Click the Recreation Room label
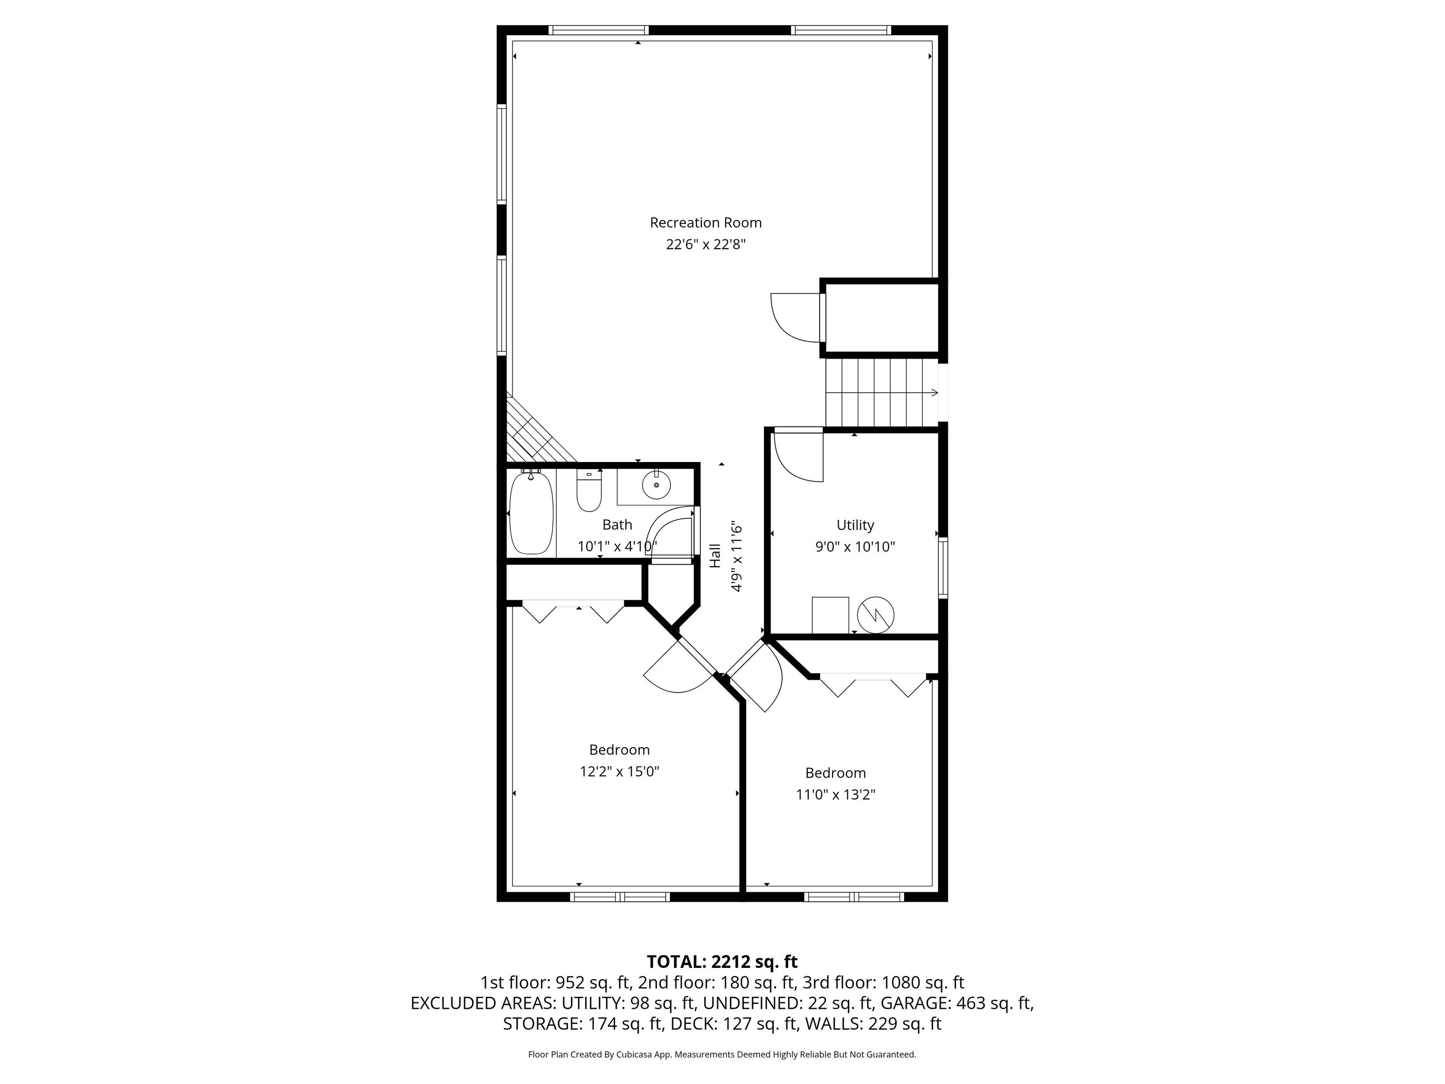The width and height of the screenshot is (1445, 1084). point(706,223)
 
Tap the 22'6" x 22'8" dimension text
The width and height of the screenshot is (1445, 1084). point(706,244)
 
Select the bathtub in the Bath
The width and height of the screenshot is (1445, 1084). point(531,514)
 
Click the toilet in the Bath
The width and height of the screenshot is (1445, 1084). point(589,494)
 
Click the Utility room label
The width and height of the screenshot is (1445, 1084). point(855,525)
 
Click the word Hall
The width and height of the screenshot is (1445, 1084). point(715,555)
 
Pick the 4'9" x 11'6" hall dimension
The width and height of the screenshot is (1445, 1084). point(737,556)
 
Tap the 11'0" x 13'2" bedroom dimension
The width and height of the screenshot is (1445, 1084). point(836,794)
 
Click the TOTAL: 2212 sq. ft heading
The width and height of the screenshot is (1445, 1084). point(722,962)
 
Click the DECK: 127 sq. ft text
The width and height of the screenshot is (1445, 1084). point(761,1024)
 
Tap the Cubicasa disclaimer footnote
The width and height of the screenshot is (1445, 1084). point(722,1054)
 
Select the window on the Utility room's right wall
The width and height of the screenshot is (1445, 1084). point(943,567)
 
